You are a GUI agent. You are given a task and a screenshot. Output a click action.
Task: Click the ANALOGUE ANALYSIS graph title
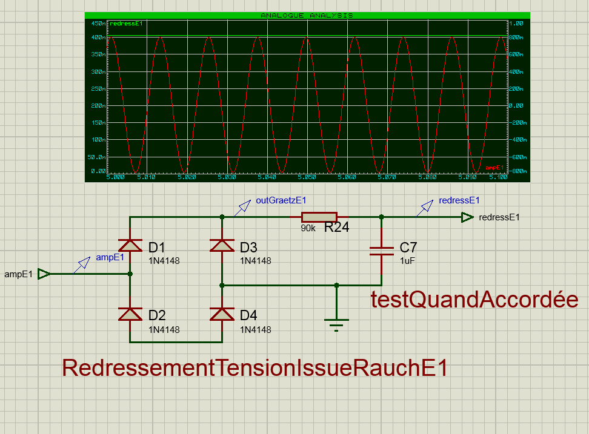tap(307, 15)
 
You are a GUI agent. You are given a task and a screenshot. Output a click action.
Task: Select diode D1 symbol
tap(130, 245)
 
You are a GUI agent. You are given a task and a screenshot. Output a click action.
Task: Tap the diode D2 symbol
tap(130, 314)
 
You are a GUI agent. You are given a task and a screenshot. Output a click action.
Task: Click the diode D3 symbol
tap(222, 245)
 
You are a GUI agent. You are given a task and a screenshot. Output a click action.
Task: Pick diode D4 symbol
tap(222, 314)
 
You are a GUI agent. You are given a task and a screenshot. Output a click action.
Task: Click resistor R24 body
tap(319, 217)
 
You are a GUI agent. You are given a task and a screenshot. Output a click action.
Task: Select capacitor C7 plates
tap(381, 251)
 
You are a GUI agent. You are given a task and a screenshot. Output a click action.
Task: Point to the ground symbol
tap(336, 323)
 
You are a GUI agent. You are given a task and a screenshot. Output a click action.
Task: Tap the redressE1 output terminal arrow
tap(467, 217)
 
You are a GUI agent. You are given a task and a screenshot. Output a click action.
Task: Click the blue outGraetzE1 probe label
tap(281, 201)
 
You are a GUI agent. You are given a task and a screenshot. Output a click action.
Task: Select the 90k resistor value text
tap(308, 229)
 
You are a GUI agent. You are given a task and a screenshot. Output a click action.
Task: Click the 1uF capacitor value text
tap(407, 260)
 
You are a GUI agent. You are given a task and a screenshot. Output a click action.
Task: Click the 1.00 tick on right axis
tap(516, 23)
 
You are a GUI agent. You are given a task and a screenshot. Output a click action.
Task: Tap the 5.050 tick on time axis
tap(307, 177)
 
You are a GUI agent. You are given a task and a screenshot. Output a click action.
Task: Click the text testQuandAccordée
tap(474, 299)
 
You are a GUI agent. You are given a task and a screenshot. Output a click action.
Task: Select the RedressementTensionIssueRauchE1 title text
tap(255, 368)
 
